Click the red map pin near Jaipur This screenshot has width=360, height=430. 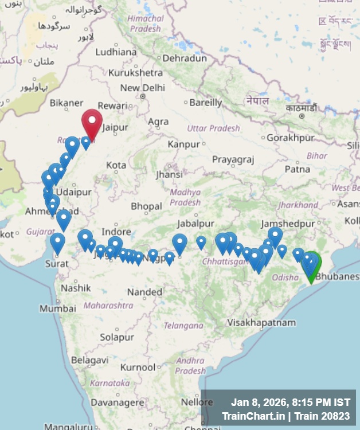pyautogui.click(x=92, y=122)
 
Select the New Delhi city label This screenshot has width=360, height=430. pyautogui.click(x=142, y=88)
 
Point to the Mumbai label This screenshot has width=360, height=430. pyautogui.click(x=57, y=308)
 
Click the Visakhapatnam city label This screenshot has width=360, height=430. pyautogui.click(x=261, y=323)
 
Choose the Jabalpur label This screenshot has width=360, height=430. pyautogui.click(x=195, y=223)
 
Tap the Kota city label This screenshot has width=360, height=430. pyautogui.click(x=116, y=165)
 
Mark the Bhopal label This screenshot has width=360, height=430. pyautogui.click(x=146, y=206)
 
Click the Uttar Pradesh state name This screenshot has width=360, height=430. pyautogui.click(x=213, y=128)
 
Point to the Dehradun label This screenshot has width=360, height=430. pyautogui.click(x=184, y=58)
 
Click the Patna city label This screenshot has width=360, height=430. pyautogui.click(x=297, y=169)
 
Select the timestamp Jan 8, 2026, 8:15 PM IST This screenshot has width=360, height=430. pyautogui.click(x=291, y=402)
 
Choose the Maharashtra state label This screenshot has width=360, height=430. pyautogui.click(x=108, y=306)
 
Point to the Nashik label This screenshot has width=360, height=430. pyautogui.click(x=76, y=288)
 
